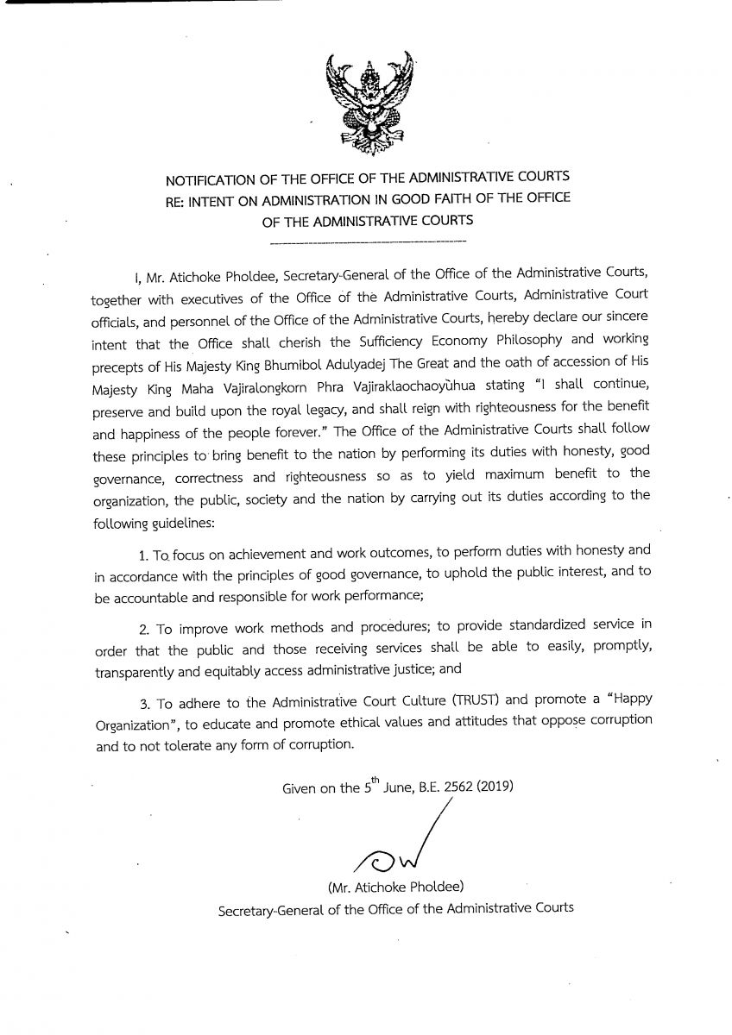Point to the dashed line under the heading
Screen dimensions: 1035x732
pos(366,239)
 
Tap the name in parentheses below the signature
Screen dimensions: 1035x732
pos(394,887)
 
